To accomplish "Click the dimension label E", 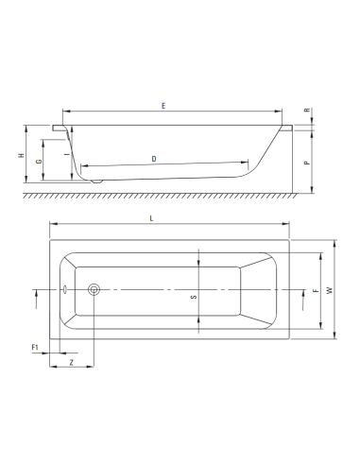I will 163,106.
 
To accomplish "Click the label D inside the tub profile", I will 154,159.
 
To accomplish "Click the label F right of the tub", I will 316,291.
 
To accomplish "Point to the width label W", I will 329,291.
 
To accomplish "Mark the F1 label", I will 35,349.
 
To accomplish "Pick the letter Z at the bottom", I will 71,364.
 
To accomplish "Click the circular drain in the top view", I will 93,290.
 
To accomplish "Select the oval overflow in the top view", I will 64,290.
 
